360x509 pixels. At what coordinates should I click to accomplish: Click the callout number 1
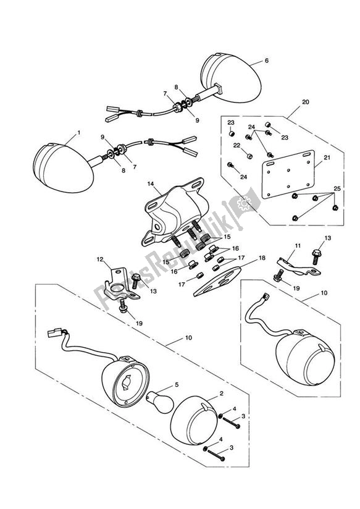pos(78,133)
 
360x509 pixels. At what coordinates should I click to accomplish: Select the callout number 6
pos(266,61)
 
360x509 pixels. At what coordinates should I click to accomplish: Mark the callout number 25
pos(336,188)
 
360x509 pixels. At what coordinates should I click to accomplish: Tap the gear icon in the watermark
pos(245,202)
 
